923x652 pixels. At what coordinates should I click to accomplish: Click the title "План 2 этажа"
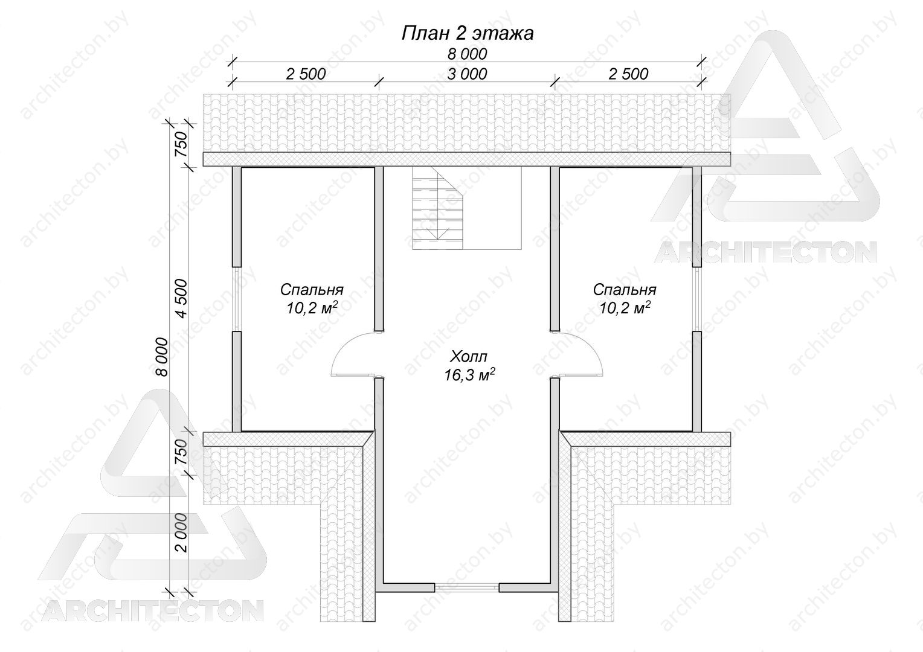(468, 33)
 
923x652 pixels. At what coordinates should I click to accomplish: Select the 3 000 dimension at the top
(467, 74)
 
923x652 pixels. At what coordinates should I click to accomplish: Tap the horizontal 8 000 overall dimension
(467, 54)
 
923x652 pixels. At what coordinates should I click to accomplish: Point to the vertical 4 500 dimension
(181, 298)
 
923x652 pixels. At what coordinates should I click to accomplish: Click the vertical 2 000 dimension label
(181, 532)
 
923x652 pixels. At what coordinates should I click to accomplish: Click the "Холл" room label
(469, 356)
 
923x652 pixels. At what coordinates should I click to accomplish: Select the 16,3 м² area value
(469, 374)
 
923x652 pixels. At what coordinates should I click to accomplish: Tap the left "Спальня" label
(312, 290)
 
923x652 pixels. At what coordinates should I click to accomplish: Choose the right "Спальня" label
(625, 290)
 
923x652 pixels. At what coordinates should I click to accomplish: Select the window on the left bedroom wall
(237, 299)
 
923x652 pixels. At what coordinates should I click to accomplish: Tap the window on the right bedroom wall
(697, 299)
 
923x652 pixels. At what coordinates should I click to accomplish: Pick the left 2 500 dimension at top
(306, 74)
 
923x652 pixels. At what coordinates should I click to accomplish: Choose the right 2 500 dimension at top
(628, 74)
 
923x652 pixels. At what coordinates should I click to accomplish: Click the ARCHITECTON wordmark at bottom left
(152, 610)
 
